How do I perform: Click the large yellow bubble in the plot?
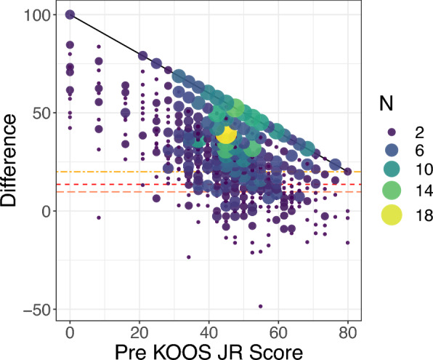coord(226,135)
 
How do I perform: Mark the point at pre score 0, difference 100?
coord(70,15)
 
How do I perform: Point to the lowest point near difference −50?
coord(260,306)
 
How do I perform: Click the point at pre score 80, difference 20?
coord(348,172)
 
